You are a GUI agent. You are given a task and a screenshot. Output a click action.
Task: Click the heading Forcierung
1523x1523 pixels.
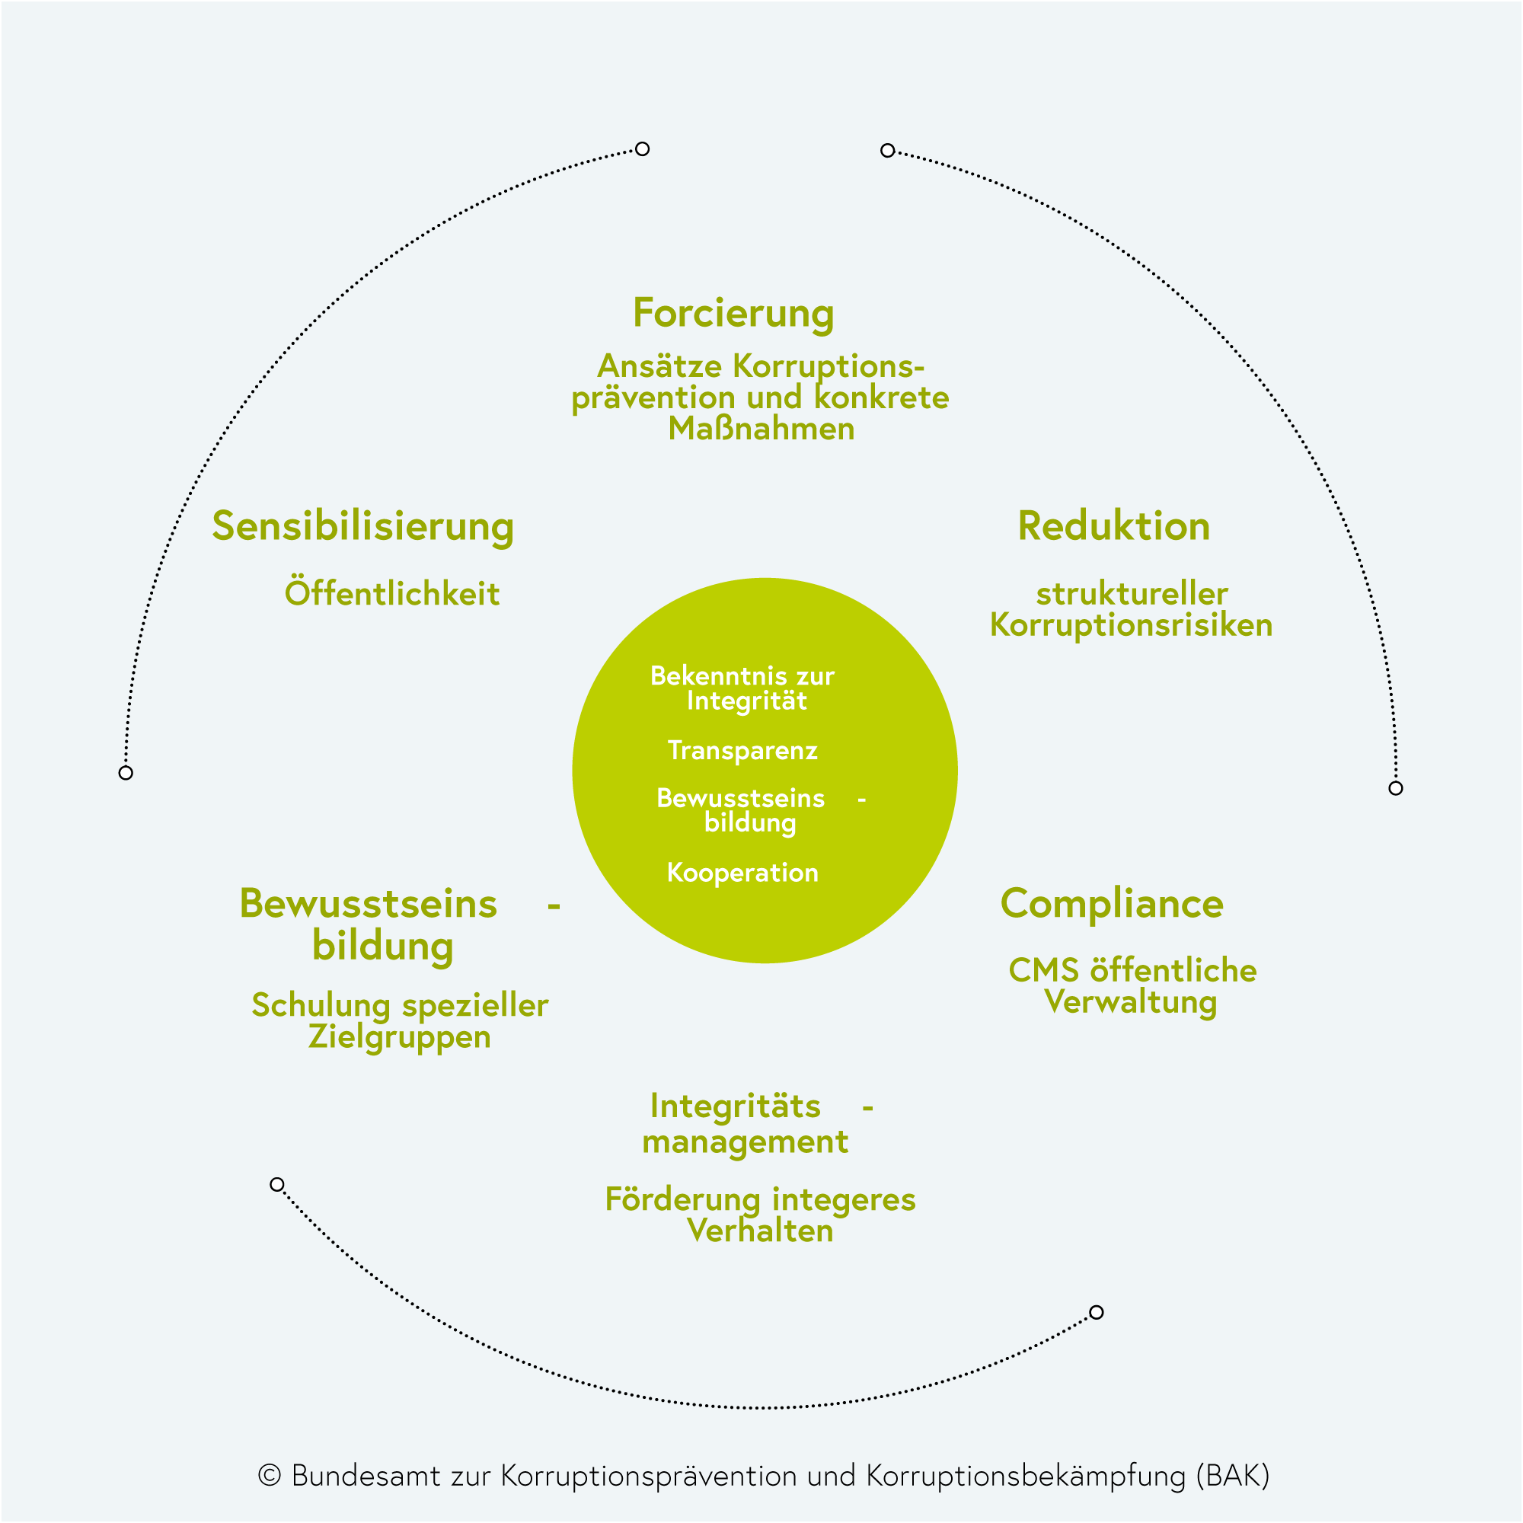[x=733, y=314]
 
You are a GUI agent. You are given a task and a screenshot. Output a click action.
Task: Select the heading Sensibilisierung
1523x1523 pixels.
[x=362, y=527]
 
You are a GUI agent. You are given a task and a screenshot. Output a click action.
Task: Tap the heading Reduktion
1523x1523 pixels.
[x=1113, y=527]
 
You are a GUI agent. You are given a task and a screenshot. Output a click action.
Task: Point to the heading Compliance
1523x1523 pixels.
[x=1112, y=904]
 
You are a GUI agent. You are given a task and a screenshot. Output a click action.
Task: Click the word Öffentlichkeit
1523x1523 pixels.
[x=391, y=594]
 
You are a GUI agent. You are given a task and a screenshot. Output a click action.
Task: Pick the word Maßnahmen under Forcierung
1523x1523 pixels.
[x=761, y=429]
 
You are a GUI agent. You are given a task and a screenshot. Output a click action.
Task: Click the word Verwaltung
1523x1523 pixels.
[x=1129, y=1003]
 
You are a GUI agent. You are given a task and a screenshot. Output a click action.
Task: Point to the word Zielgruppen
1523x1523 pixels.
[x=399, y=1037]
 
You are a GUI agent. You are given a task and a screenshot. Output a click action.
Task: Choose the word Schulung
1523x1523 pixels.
[x=321, y=1006]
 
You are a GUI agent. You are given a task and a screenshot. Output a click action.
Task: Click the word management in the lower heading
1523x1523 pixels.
[x=745, y=1141]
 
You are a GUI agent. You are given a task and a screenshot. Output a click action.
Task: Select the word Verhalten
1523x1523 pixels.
[x=760, y=1231]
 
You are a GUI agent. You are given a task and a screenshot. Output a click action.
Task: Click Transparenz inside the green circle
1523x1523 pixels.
[x=742, y=751]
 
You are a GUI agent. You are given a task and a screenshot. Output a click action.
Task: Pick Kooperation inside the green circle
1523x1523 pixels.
[x=742, y=873]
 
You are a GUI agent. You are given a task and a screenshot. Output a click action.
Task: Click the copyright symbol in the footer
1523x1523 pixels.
[x=270, y=1475]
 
